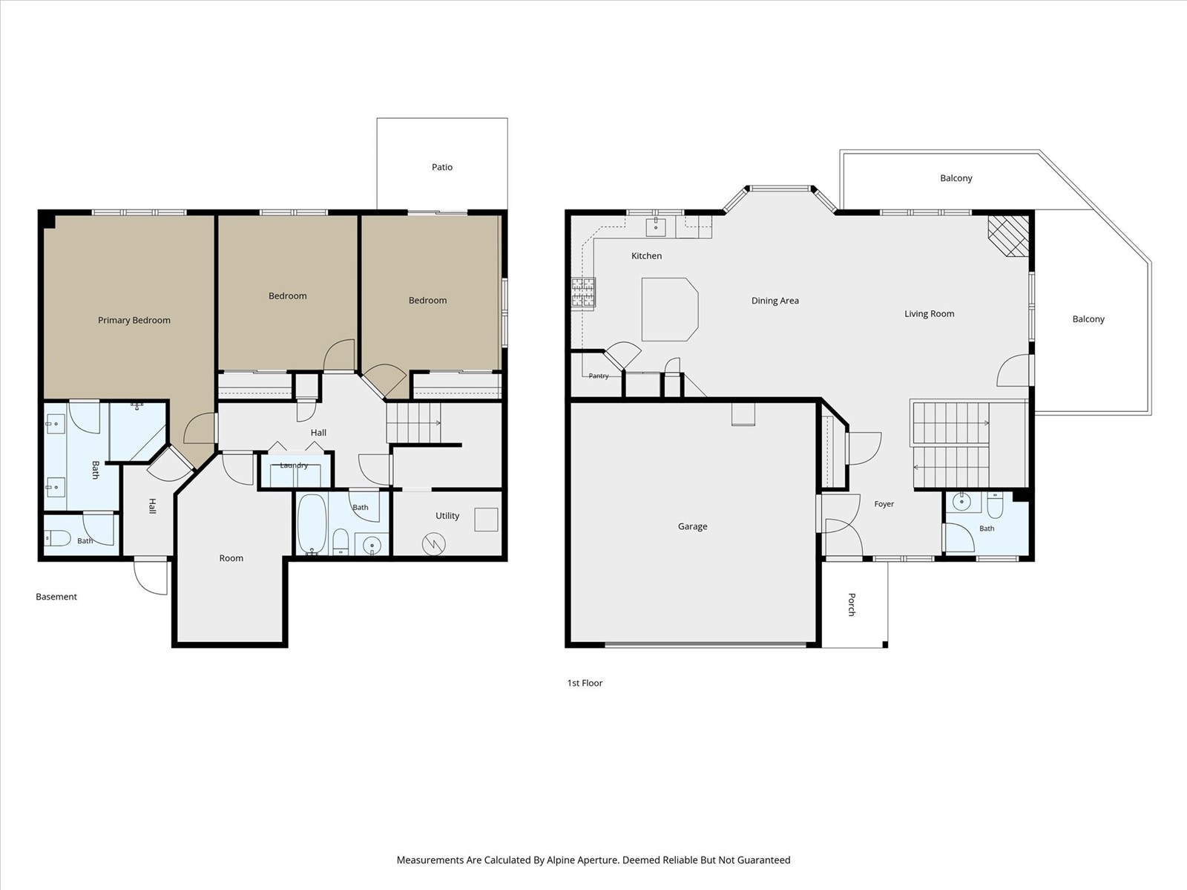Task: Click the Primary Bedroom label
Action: (134, 320)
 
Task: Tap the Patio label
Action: (442, 167)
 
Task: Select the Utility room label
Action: (447, 516)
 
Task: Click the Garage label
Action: (693, 526)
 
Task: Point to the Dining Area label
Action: (775, 301)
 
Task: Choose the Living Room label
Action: (929, 314)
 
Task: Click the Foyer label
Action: (884, 504)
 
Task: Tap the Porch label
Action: (852, 604)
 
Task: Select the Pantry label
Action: (599, 376)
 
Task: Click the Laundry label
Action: (294, 465)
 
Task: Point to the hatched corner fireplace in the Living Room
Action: (1008, 236)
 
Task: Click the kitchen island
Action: (670, 310)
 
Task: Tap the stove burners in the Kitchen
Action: (584, 292)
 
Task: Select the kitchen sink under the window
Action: (656, 226)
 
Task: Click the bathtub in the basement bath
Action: (312, 524)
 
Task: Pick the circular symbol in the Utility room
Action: (434, 544)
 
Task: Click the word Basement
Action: (56, 597)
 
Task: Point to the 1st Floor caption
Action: (585, 684)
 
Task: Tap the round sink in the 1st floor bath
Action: (961, 502)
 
